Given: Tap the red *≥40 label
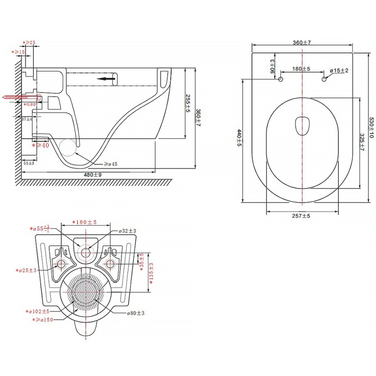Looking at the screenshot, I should (41, 146).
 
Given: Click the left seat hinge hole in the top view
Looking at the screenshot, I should (281, 79).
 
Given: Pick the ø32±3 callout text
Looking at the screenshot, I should (126, 231).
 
